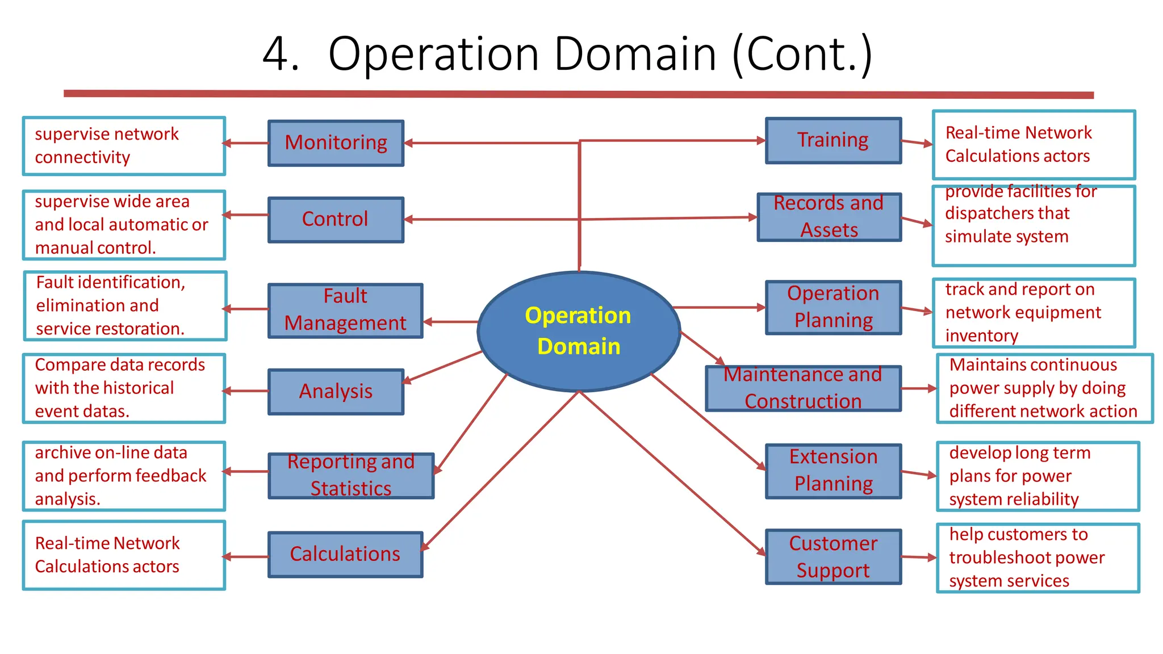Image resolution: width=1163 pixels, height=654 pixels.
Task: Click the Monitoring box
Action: (x=336, y=143)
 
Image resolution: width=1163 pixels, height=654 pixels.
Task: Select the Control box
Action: (x=336, y=220)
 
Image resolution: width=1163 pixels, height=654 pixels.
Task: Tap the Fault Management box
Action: (x=345, y=311)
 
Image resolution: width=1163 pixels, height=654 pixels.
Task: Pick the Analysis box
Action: (x=336, y=392)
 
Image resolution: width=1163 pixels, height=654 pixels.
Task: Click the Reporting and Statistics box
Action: (x=351, y=476)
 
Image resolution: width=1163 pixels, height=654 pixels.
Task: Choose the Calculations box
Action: (x=345, y=555)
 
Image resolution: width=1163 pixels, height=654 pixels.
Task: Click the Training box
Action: (x=833, y=141)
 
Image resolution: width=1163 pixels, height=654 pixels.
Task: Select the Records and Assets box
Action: (x=829, y=217)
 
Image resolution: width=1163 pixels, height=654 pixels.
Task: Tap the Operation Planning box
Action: (x=833, y=307)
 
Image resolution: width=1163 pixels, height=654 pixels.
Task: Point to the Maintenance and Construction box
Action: (x=803, y=388)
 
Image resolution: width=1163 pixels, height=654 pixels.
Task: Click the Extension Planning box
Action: (x=833, y=471)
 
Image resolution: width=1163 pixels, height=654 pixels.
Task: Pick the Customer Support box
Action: (x=833, y=557)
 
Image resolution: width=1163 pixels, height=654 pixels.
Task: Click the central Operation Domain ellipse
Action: (x=579, y=332)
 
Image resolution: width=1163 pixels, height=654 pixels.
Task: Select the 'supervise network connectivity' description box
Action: (x=124, y=146)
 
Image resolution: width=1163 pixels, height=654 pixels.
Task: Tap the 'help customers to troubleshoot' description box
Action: (x=1038, y=558)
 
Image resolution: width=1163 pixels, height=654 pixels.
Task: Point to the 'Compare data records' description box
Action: (x=124, y=388)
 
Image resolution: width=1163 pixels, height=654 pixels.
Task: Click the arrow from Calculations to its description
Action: (x=246, y=557)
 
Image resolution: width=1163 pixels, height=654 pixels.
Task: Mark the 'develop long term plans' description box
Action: (x=1038, y=476)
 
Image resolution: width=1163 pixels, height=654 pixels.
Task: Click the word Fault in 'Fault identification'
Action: (x=55, y=282)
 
